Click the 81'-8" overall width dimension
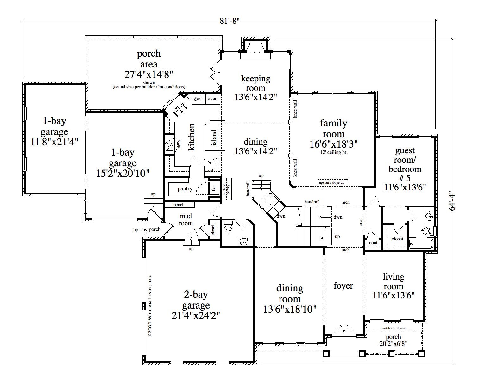(x=230, y=21)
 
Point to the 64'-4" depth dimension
(x=452, y=201)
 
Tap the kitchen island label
(x=214, y=137)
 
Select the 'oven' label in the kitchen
(x=212, y=99)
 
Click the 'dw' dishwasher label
(x=197, y=99)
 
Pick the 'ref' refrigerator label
(x=211, y=171)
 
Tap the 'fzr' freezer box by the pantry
(x=214, y=188)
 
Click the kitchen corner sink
(x=180, y=109)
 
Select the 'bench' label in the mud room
(x=179, y=205)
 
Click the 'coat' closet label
(x=373, y=243)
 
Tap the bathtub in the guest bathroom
(x=421, y=244)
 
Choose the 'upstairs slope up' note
(x=332, y=183)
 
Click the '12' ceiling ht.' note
(x=334, y=153)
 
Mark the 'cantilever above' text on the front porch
(x=393, y=328)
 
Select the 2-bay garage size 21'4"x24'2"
(x=196, y=315)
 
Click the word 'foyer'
(x=343, y=286)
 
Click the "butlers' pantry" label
(x=226, y=189)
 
